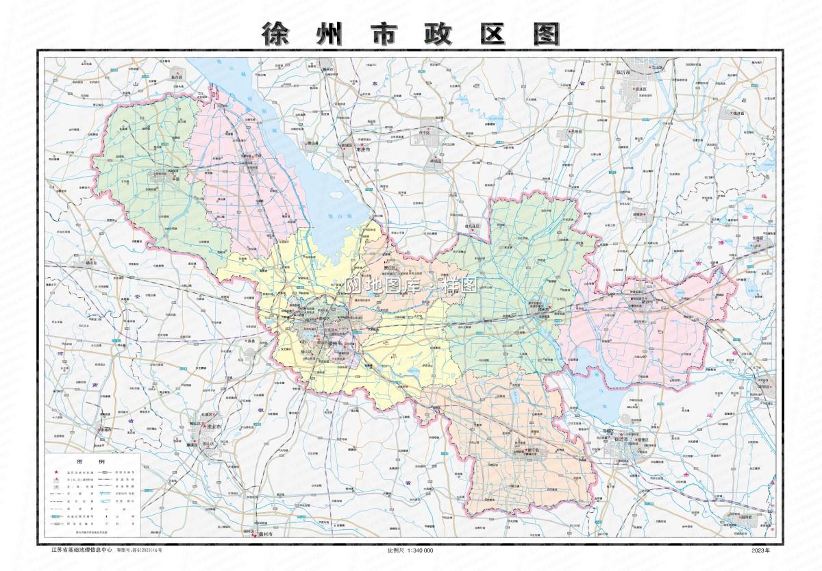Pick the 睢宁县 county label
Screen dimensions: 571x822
pyautogui.click(x=524, y=450)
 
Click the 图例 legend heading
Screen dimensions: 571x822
pyautogui.click(x=92, y=462)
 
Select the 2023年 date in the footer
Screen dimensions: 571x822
pyautogui.click(x=760, y=550)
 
